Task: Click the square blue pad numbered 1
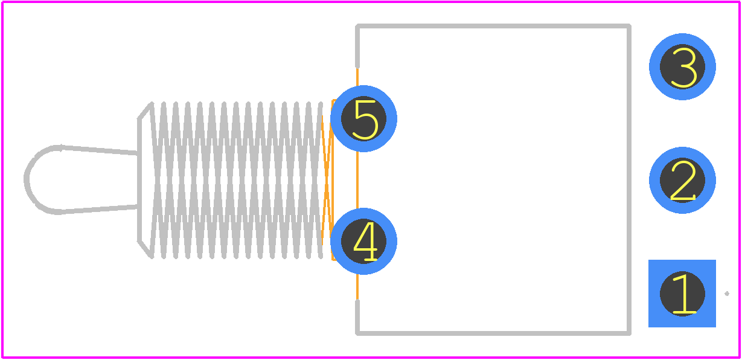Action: click(682, 294)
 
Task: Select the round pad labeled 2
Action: click(682, 181)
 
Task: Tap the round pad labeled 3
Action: click(682, 66)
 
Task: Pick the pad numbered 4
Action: click(363, 242)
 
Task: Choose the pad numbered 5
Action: click(363, 118)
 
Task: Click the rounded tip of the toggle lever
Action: click(27, 179)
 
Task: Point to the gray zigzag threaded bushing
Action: click(237, 180)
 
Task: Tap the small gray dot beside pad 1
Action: click(727, 294)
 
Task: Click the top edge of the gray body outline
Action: click(493, 26)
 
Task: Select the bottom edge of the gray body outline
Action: click(493, 333)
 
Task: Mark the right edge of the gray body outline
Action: click(628, 179)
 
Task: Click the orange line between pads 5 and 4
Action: click(357, 180)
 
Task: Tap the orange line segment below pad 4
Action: click(357, 287)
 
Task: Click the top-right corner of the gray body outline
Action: click(628, 26)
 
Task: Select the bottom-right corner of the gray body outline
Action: click(628, 333)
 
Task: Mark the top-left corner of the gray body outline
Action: click(357, 26)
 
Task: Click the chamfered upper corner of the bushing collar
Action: click(145, 111)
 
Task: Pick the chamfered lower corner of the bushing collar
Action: click(145, 249)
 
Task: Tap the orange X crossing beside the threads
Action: click(327, 180)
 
